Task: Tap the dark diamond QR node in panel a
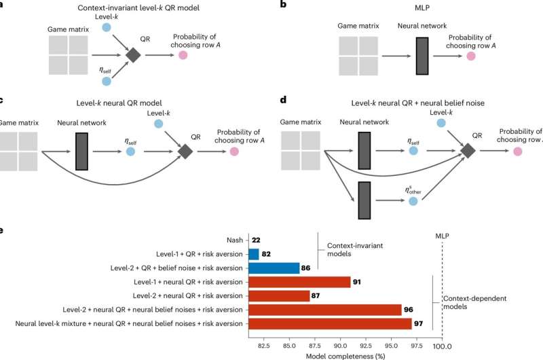133,56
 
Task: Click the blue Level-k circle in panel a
105,27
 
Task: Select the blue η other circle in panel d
413,202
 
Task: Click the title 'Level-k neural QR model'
132,102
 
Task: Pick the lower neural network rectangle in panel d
364,201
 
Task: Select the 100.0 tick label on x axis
442,345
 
